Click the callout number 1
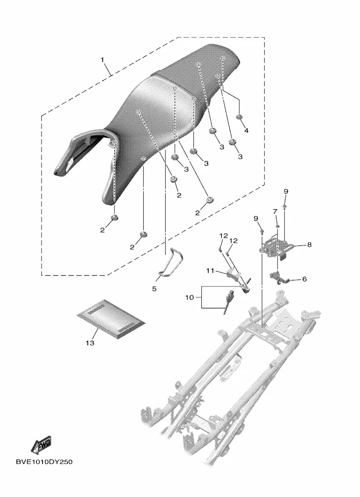[103, 60]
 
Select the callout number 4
[246, 130]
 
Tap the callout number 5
[155, 289]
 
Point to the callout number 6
[304, 279]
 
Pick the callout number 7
[275, 211]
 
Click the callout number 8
[309, 244]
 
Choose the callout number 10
[190, 297]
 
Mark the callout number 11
[210, 270]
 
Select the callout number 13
[90, 343]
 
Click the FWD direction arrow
[42, 445]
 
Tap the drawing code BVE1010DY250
[45, 462]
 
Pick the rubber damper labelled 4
[240, 116]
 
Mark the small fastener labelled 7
[277, 226]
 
